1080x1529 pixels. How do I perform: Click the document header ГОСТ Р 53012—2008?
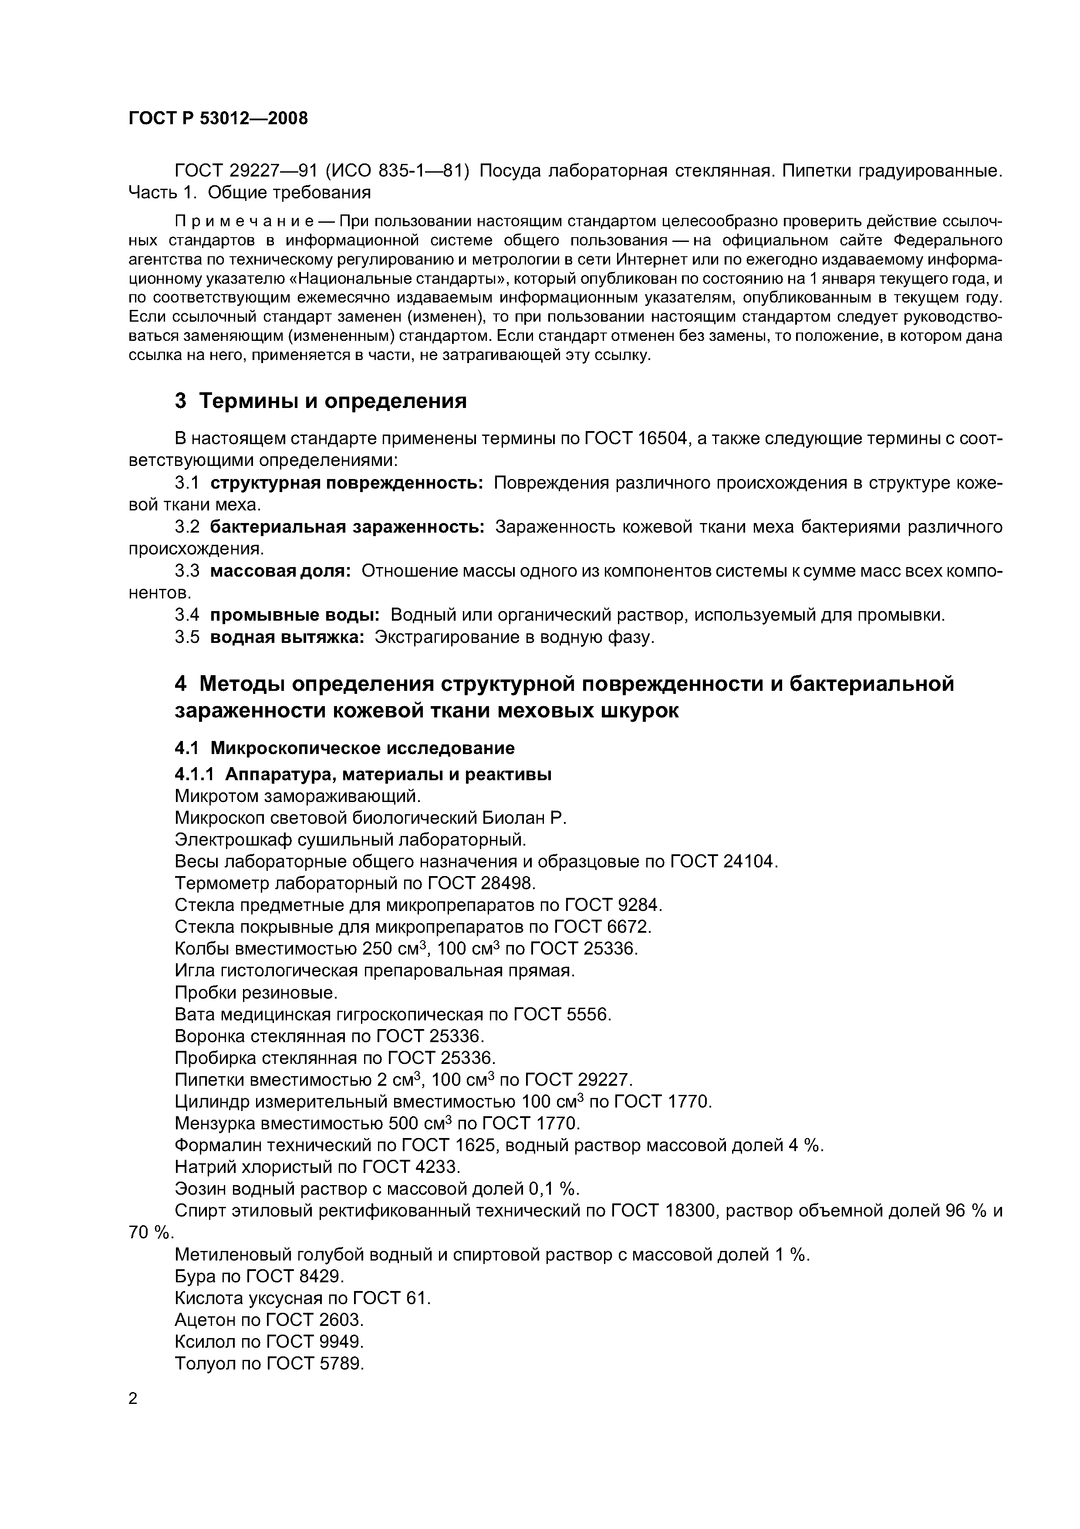[218, 119]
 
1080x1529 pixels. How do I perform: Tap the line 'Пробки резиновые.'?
[256, 993]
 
